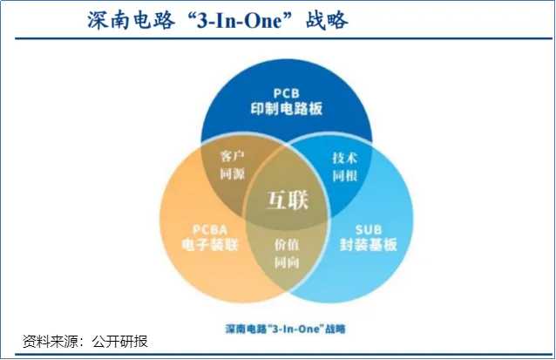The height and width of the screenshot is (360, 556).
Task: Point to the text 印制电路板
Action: pyautogui.click(x=287, y=110)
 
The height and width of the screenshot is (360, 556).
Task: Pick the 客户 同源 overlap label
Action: pyautogui.click(x=233, y=166)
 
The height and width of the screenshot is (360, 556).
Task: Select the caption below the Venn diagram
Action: pyautogui.click(x=280, y=329)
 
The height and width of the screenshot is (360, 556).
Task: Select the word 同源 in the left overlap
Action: pyautogui.click(x=233, y=174)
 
